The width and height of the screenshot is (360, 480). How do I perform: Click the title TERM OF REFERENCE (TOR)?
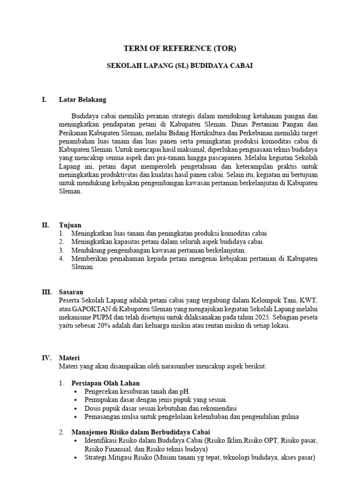pyautogui.click(x=180, y=48)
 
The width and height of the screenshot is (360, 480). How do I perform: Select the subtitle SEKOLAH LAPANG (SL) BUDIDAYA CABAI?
pyautogui.click(x=180, y=66)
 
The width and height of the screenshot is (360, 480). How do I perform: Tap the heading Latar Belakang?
pyautogui.click(x=82, y=99)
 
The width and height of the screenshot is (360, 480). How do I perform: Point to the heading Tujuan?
pyautogui.click(x=70, y=225)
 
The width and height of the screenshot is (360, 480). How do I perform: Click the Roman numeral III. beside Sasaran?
pyautogui.click(x=46, y=292)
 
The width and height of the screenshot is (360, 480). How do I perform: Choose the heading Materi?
pyautogui.click(x=69, y=358)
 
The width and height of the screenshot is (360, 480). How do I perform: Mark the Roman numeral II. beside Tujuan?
pyautogui.click(x=45, y=225)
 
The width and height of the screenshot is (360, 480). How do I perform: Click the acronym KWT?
pyautogui.click(x=308, y=300)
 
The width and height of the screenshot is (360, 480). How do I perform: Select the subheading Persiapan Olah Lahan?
pyautogui.click(x=105, y=383)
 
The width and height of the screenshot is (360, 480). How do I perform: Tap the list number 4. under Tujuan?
pyautogui.click(x=61, y=259)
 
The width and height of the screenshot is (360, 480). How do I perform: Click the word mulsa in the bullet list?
pyautogui.click(x=132, y=416)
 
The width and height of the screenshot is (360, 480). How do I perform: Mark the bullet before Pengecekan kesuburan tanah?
pyautogui.click(x=77, y=391)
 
